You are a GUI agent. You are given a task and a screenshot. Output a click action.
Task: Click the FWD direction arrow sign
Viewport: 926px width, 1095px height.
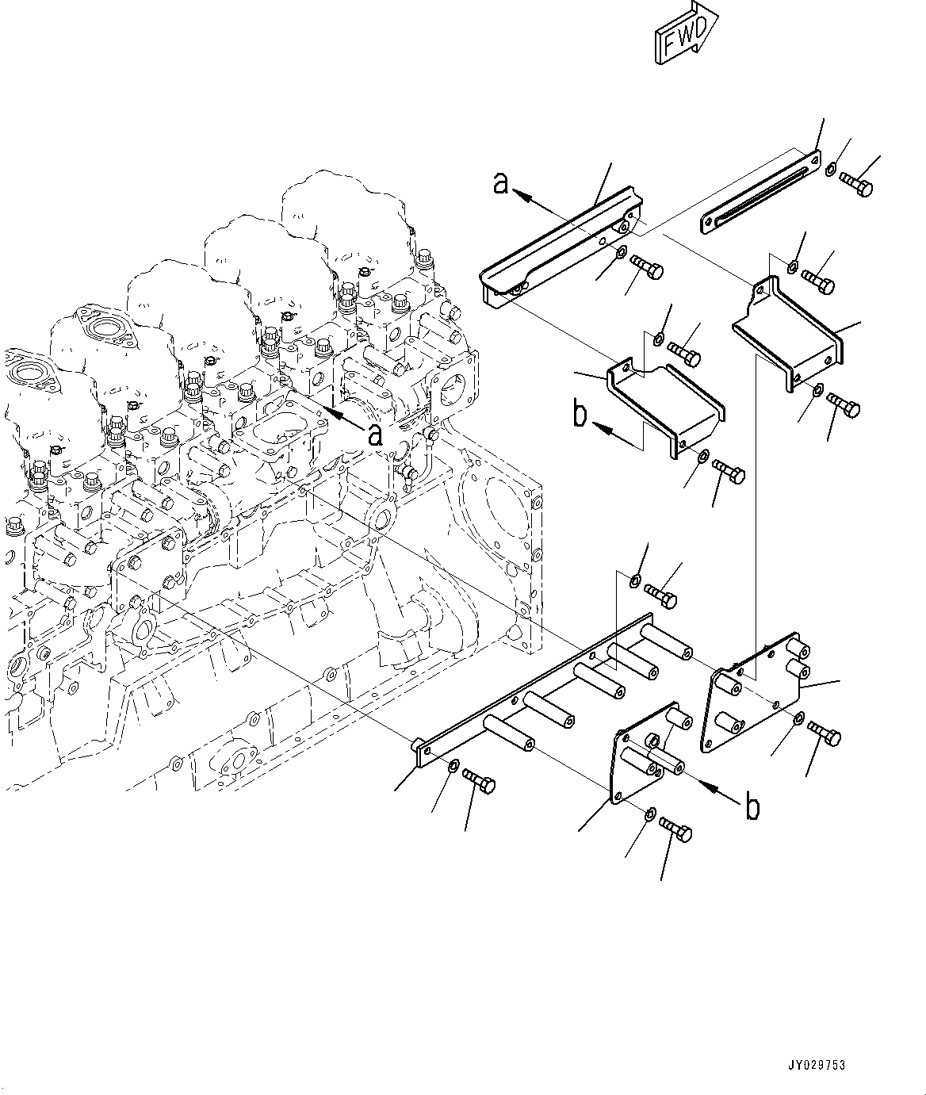click(x=686, y=33)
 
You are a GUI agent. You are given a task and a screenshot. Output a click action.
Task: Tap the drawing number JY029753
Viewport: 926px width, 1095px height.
click(x=817, y=1065)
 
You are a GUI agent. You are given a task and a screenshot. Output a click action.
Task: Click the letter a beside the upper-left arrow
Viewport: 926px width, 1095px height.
click(x=500, y=183)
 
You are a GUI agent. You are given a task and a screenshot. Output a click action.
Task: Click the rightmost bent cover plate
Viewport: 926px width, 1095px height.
click(x=790, y=333)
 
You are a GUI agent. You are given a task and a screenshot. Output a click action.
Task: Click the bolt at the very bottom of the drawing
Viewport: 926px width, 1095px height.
click(x=676, y=831)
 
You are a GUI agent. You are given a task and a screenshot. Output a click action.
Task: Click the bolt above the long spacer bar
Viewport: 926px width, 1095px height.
click(x=660, y=596)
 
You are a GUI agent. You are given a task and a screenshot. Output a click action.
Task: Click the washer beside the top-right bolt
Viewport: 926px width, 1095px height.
click(x=829, y=169)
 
